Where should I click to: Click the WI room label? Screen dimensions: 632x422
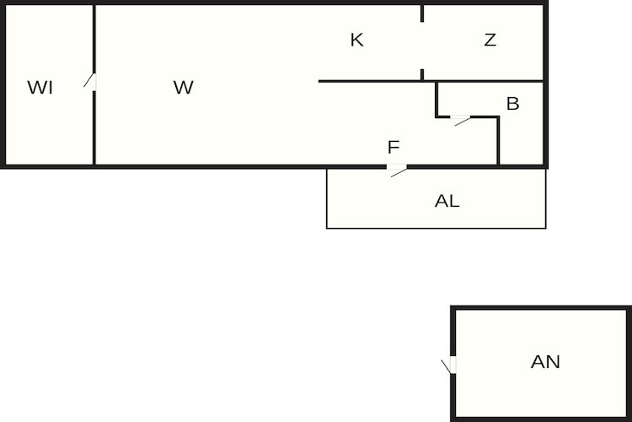coord(40,88)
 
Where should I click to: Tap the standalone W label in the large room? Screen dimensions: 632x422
coord(184,87)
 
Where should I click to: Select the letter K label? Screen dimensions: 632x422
coord(356,40)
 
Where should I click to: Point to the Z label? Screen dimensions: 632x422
coord(490,40)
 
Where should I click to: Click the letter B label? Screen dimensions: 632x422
coord(512,104)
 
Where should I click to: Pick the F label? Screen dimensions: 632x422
coord(394,148)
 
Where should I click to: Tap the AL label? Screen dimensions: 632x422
coord(447,201)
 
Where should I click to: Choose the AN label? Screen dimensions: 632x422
coord(545,362)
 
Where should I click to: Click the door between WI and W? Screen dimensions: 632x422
coord(91,82)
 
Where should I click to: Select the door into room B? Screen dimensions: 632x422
coord(460,120)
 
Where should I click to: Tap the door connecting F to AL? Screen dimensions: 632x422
coord(397,170)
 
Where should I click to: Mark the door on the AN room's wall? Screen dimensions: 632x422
coord(449,365)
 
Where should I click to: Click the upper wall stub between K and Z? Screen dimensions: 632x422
coord(422,14)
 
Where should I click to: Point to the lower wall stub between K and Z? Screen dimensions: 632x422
coord(422,75)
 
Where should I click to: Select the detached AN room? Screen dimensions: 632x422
coord(541,364)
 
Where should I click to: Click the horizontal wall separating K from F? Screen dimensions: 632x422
coord(431,81)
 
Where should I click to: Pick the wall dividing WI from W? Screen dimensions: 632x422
coord(94,128)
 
